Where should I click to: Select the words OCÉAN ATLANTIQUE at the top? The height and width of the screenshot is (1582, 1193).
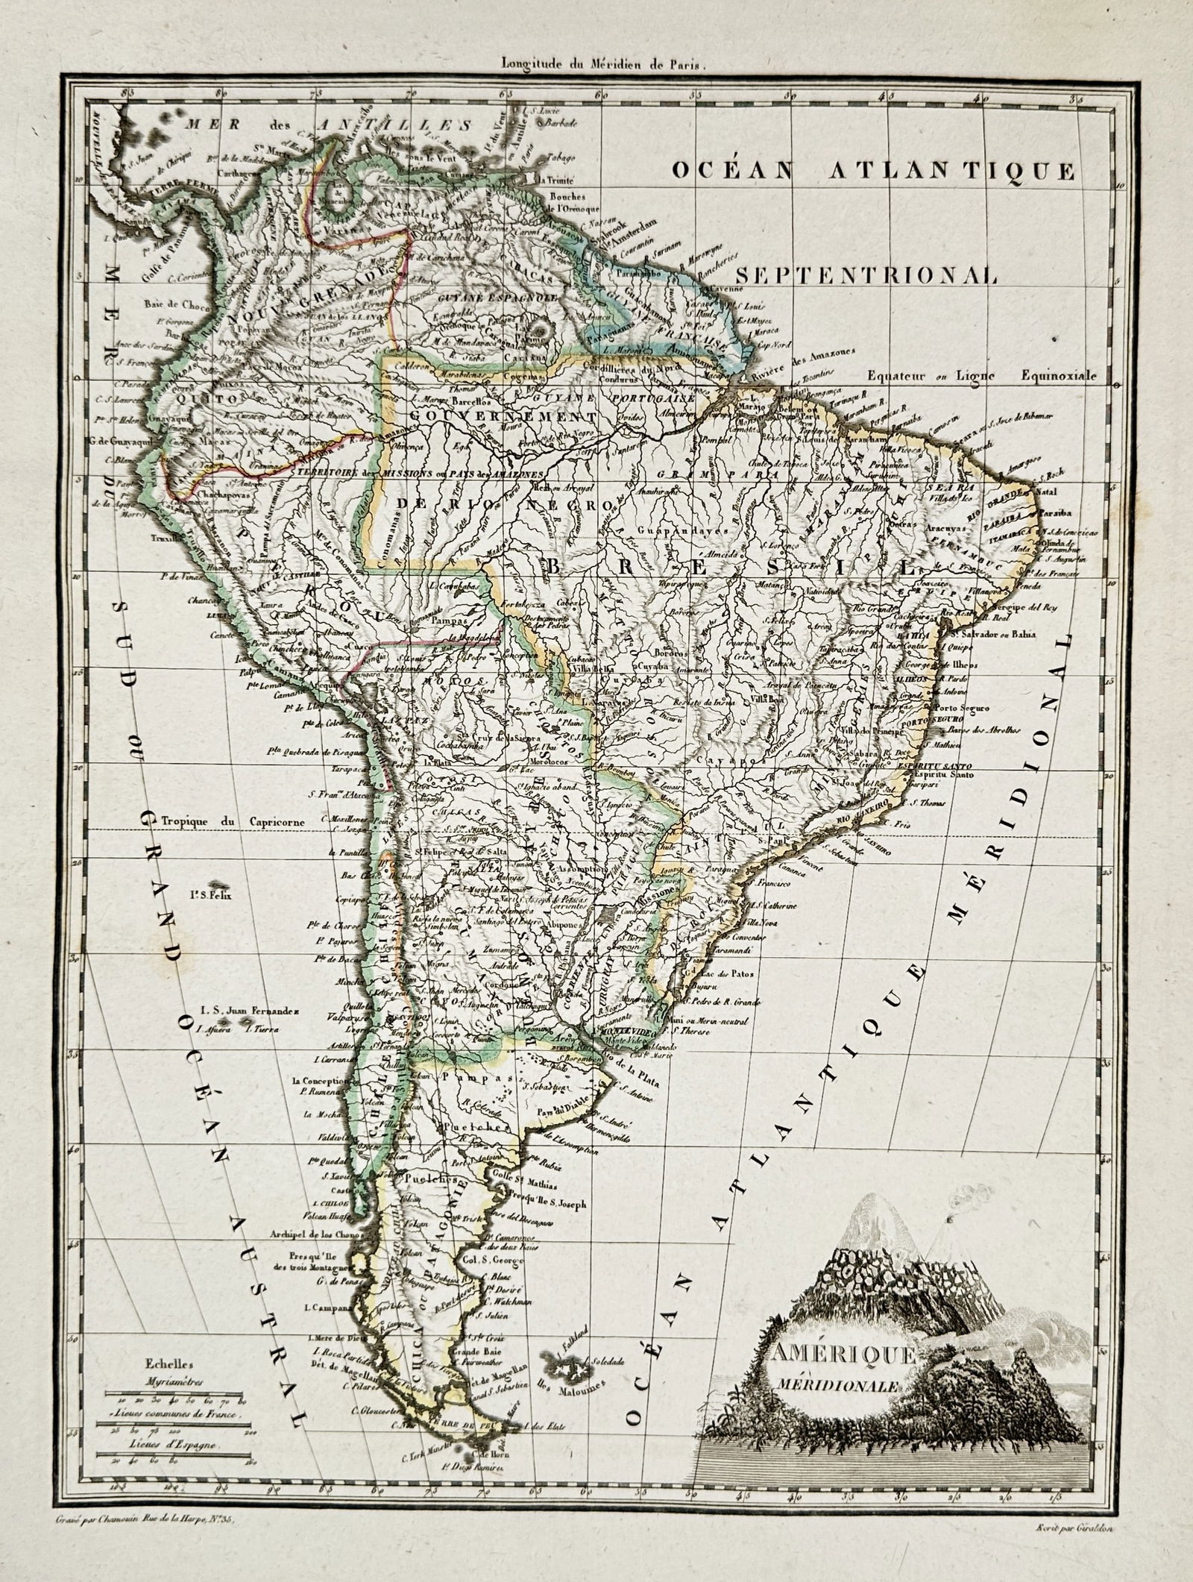(873, 172)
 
